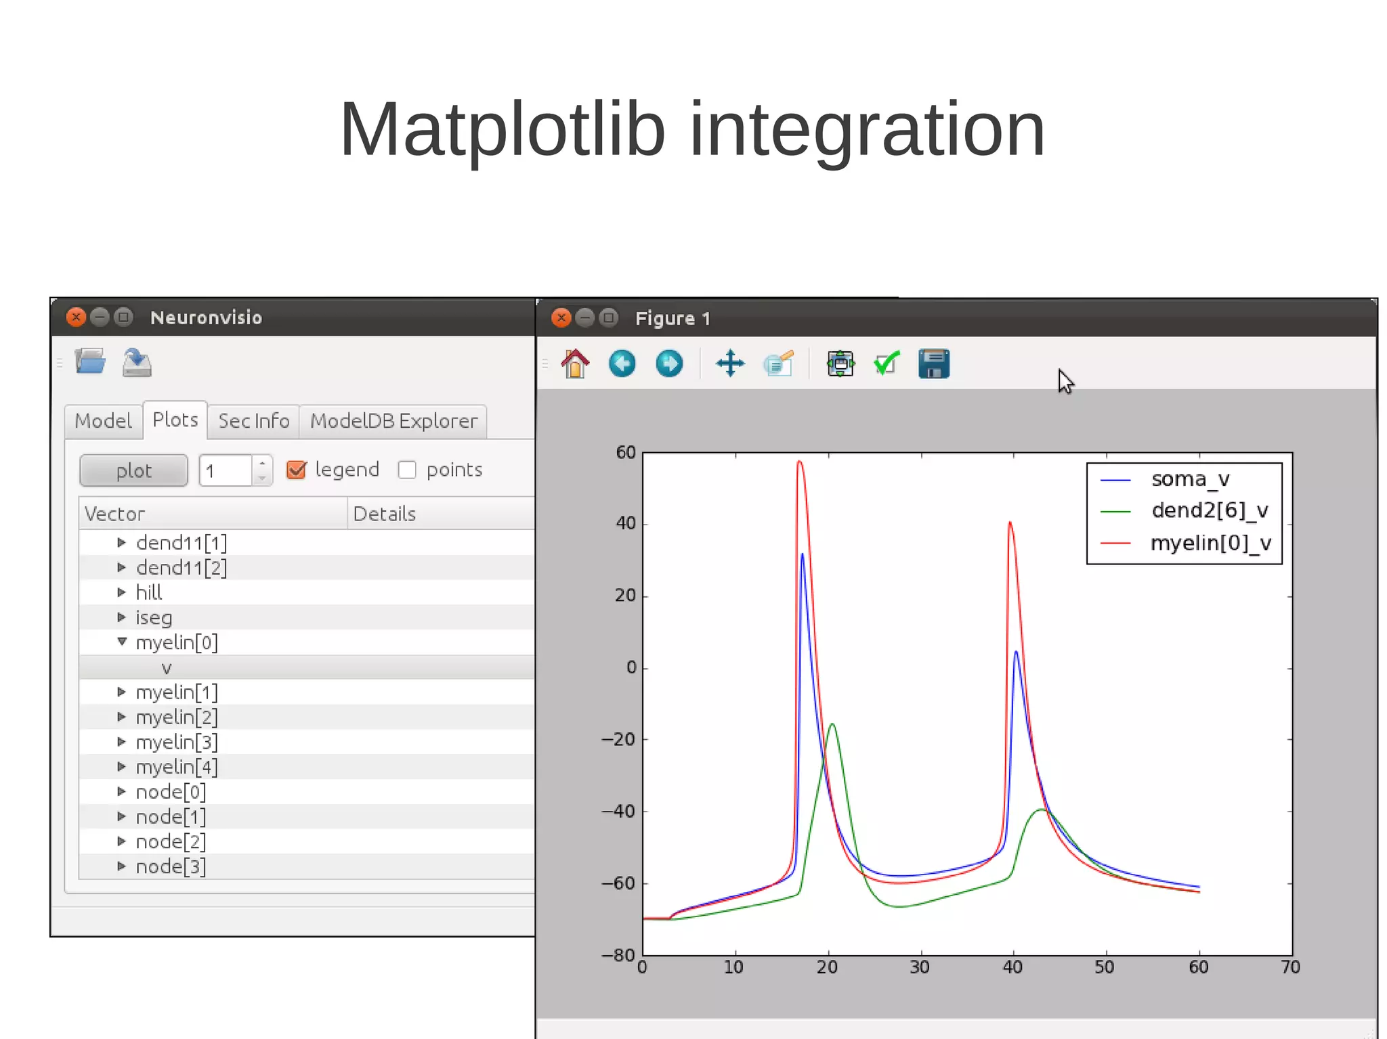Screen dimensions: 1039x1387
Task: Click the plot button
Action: (133, 470)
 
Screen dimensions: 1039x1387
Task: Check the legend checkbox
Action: (297, 470)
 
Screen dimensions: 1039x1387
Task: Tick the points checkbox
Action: (407, 470)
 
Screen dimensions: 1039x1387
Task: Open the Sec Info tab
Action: (253, 421)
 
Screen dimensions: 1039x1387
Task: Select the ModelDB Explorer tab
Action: (393, 421)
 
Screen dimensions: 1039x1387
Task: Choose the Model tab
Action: (103, 421)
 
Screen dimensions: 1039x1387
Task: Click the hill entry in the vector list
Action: (149, 593)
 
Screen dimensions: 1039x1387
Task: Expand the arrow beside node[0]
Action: (122, 791)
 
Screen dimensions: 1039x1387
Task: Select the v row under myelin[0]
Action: (167, 668)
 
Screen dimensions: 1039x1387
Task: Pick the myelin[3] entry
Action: (177, 743)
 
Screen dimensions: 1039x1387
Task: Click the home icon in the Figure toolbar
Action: (575, 364)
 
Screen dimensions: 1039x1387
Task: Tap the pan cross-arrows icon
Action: (730, 364)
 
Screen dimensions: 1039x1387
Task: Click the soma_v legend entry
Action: (1190, 479)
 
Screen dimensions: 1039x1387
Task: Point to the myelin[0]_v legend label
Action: (1210, 543)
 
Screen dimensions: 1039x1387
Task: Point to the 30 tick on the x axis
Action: (920, 967)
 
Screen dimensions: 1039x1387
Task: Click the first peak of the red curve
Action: (799, 462)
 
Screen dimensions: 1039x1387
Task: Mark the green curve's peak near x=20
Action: (832, 724)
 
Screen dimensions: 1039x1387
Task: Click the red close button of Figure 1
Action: (561, 317)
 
